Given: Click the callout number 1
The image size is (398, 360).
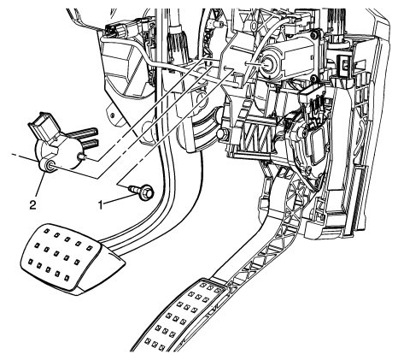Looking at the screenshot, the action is pyautogui.click(x=100, y=204).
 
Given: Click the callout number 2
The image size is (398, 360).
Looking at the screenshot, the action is pyautogui.click(x=33, y=204).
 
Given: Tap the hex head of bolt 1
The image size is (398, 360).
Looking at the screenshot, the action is pyautogui.click(x=148, y=192).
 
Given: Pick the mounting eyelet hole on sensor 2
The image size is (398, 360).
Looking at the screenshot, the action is pyautogui.click(x=50, y=165).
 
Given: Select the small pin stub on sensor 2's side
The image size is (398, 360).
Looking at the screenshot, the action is pyautogui.click(x=82, y=156).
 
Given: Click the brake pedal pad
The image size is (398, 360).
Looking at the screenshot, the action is pyautogui.click(x=71, y=257).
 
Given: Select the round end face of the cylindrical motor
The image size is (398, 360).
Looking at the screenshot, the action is pyautogui.click(x=268, y=64).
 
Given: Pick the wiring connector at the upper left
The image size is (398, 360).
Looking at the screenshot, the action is pyautogui.click(x=117, y=28).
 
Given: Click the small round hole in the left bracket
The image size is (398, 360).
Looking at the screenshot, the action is pyautogui.click(x=113, y=115).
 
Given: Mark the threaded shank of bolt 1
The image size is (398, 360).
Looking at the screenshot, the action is pyautogui.click(x=135, y=188).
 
